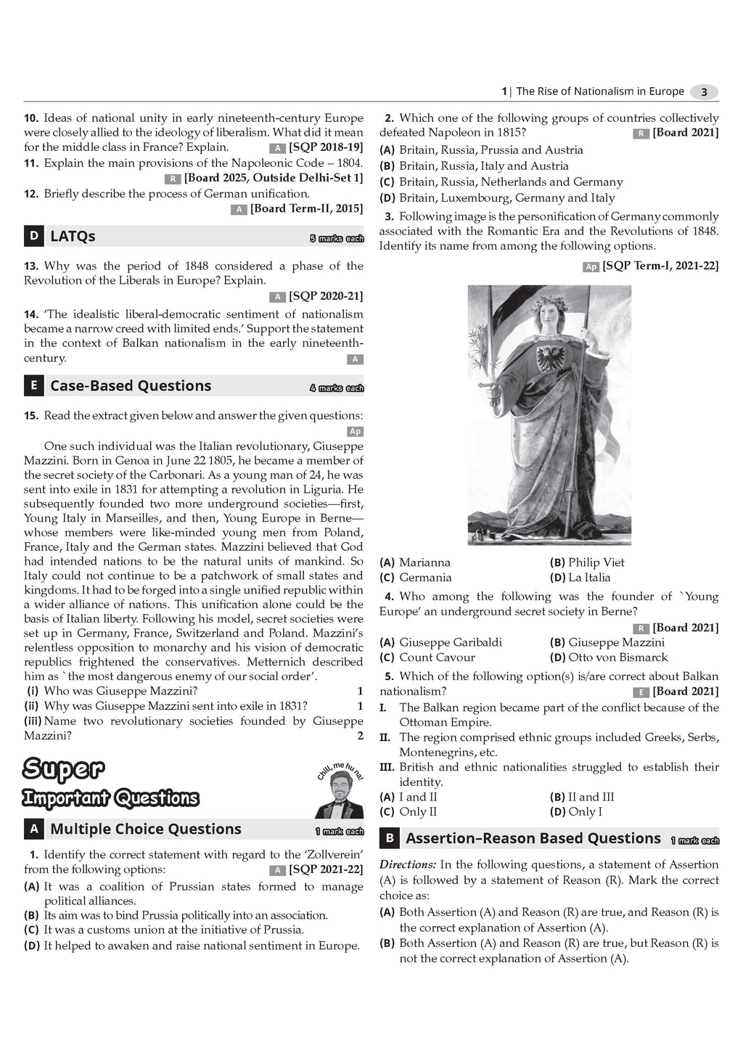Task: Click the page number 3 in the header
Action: [703, 92]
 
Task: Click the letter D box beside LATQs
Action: [33, 236]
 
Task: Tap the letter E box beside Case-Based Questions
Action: [33, 385]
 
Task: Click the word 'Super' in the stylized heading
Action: [64, 768]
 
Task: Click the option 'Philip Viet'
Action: [596, 562]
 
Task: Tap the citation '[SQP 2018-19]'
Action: [326, 147]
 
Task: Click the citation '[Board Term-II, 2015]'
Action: [306, 209]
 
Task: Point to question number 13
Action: [31, 266]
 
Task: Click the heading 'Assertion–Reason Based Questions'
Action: [533, 838]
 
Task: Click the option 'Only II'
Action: [418, 812]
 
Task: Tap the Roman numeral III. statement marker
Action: [387, 767]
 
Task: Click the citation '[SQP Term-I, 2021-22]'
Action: [660, 266]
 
